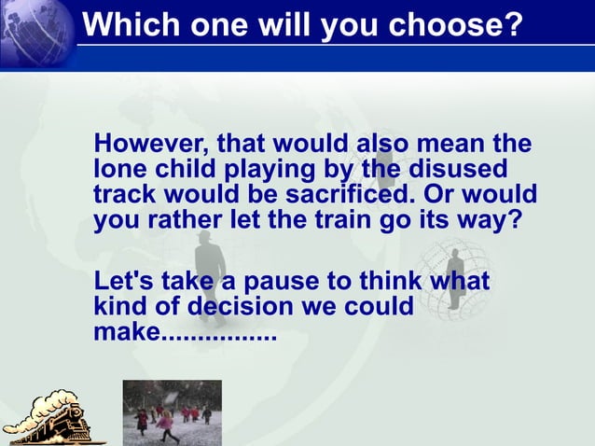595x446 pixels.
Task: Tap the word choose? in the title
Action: click(455, 24)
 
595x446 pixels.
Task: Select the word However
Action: click(149, 146)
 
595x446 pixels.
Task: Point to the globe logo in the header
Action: click(37, 34)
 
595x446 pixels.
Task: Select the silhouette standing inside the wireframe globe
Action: click(456, 277)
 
